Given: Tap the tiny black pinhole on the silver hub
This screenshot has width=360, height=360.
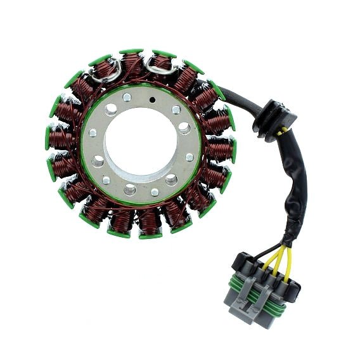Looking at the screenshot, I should tap(152, 100).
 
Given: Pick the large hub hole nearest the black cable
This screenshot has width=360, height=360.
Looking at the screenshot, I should tap(184, 127).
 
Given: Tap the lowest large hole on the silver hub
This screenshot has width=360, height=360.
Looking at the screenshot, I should tap(131, 188).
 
